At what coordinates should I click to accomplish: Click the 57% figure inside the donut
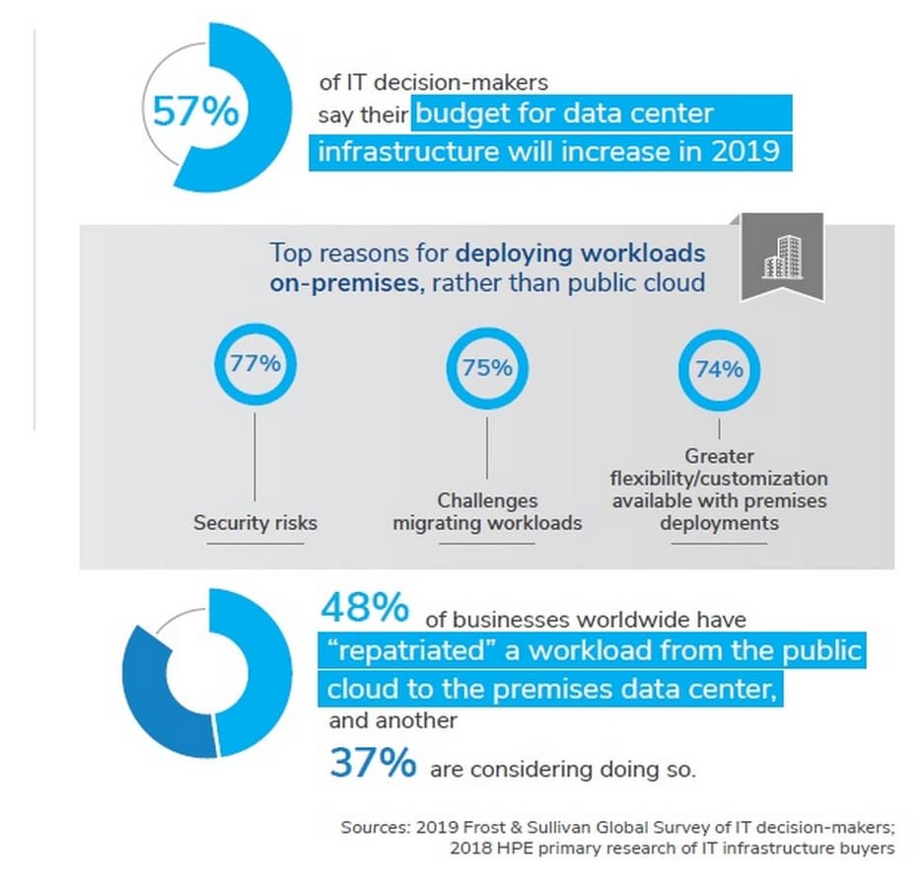(x=195, y=111)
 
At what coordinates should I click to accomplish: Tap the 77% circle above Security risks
(x=254, y=362)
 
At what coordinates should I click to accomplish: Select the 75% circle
(x=487, y=368)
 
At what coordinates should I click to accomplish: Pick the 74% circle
(x=718, y=370)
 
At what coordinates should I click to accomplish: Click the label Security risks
(x=255, y=522)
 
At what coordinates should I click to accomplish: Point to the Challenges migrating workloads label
(x=487, y=512)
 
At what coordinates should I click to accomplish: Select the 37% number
(x=372, y=763)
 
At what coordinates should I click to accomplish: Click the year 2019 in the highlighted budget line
(x=750, y=154)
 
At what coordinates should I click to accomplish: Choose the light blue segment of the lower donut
(x=251, y=671)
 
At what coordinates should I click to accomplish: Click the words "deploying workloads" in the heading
(x=581, y=253)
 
